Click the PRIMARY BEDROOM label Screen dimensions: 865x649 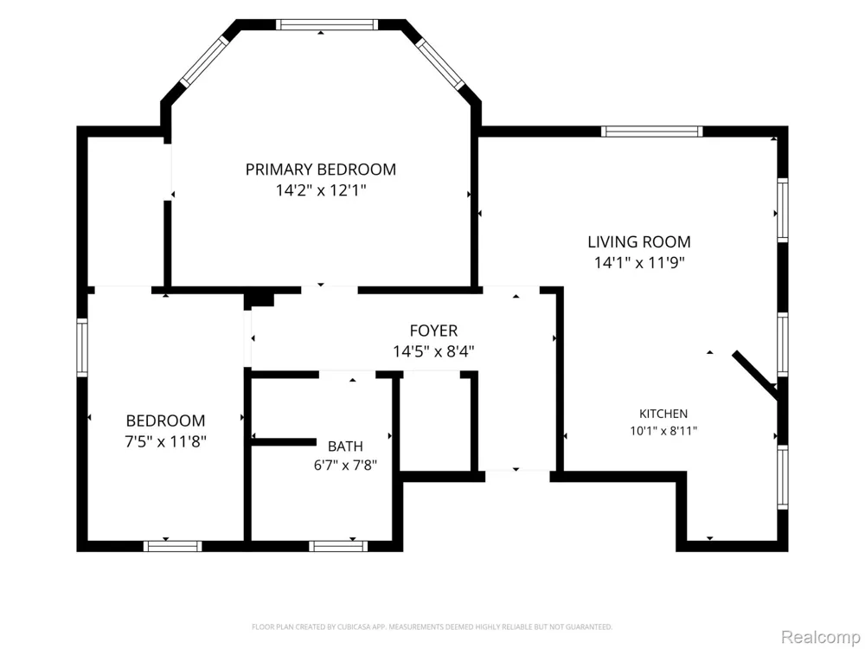[x=321, y=170]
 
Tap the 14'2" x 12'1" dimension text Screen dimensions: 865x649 [x=321, y=191]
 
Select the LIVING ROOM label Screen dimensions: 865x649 [x=639, y=241]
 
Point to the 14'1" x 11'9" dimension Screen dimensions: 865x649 [x=639, y=263]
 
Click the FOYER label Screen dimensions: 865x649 [x=433, y=331]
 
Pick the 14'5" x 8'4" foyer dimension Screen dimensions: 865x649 [x=433, y=351]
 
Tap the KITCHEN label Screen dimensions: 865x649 [x=663, y=414]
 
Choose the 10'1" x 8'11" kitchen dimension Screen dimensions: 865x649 [x=663, y=431]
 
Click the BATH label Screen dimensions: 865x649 [x=345, y=447]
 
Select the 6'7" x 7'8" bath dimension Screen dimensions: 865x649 [x=345, y=466]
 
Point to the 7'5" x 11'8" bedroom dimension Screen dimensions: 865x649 [x=165, y=442]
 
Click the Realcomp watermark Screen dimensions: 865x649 [x=820, y=637]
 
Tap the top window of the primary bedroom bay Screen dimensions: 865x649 [x=327, y=24]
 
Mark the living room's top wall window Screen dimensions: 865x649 [x=651, y=132]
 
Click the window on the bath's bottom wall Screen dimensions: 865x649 [x=337, y=546]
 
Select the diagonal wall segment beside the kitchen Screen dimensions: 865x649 [x=755, y=373]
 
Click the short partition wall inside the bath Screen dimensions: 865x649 [x=284, y=441]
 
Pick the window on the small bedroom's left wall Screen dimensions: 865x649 [x=82, y=348]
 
